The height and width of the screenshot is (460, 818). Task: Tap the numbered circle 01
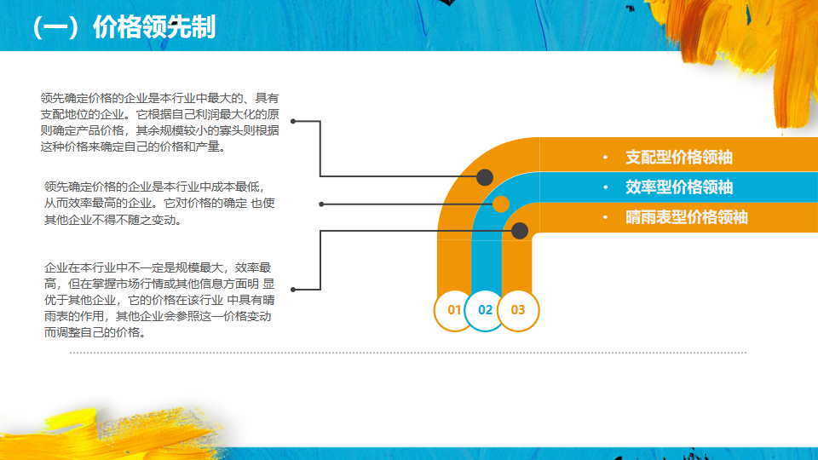point(454,310)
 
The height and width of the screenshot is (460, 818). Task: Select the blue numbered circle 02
point(486,310)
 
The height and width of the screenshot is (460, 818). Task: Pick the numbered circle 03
point(518,310)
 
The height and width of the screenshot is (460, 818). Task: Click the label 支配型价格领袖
point(679,158)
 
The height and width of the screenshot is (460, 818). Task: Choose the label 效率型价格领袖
point(679,187)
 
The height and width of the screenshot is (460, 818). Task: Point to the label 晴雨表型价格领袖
point(687,217)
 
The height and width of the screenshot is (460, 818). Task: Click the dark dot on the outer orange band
point(485,177)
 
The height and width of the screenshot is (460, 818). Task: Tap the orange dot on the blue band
point(501,204)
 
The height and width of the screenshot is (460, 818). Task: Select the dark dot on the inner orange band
point(520,230)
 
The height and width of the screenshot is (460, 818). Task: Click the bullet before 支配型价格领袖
point(604,158)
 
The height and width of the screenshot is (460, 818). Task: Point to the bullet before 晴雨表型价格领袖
point(604,218)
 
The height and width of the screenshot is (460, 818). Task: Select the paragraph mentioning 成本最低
point(159,203)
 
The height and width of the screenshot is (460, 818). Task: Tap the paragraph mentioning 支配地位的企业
point(159,123)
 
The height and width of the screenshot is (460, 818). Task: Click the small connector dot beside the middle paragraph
point(321,204)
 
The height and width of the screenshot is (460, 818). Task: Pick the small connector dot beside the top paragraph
point(294,122)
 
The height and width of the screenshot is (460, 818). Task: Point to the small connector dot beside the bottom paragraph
point(294,290)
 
